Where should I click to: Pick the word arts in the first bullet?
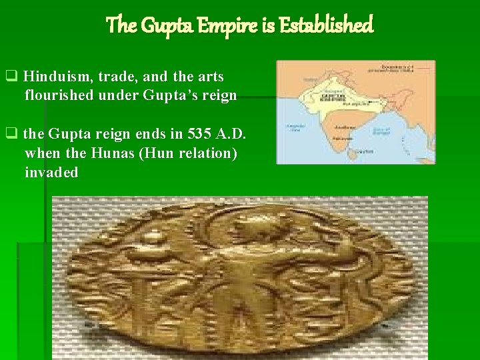coord(211,77)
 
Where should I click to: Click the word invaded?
coord(51,173)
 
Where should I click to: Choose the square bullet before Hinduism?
coord(11,77)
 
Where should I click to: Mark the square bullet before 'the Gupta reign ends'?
coord(11,134)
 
